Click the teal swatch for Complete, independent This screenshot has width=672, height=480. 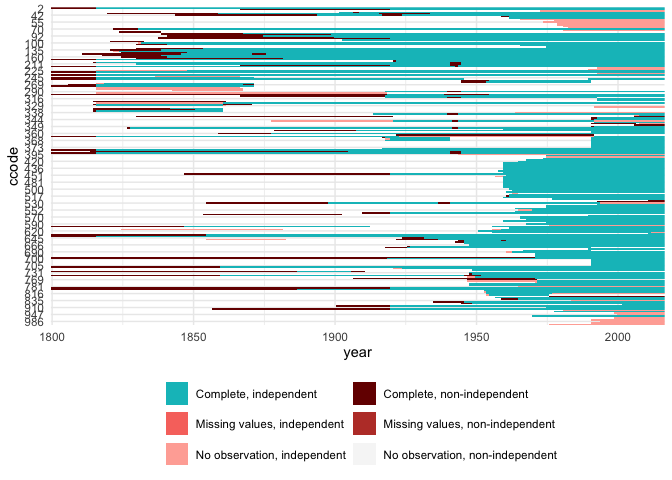point(177,395)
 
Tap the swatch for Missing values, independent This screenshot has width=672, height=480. point(177,424)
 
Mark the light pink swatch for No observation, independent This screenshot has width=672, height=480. point(177,454)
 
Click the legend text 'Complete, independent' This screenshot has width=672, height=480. point(256,395)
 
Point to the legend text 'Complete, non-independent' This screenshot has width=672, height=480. point(455,395)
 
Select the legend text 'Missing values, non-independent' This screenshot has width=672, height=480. point(469,424)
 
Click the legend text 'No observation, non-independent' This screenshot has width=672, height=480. point(470,454)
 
